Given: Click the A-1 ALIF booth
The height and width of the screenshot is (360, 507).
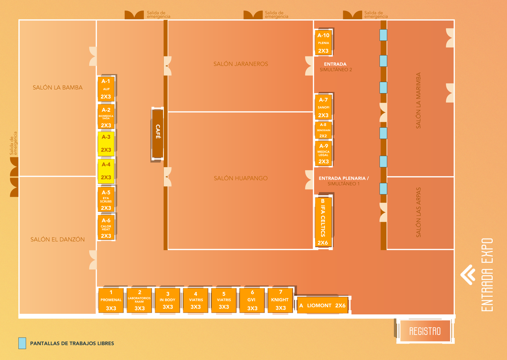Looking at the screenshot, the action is pyautogui.click(x=106, y=89).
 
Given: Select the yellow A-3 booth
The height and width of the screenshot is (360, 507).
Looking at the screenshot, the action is pyautogui.click(x=106, y=144).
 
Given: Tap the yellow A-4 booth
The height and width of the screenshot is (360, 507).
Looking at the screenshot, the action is pyautogui.click(x=106, y=171).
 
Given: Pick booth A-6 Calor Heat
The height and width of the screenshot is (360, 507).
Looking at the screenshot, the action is pyautogui.click(x=106, y=227).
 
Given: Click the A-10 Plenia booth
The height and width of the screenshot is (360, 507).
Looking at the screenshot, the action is pyautogui.click(x=323, y=43).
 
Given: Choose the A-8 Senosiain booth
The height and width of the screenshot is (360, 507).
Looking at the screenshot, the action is pyautogui.click(x=323, y=130).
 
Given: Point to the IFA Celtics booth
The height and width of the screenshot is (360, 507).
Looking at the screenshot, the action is pyautogui.click(x=323, y=222).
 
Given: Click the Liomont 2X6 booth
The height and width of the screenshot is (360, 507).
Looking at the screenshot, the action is pyautogui.click(x=323, y=305).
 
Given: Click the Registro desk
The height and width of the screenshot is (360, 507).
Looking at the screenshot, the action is pyautogui.click(x=425, y=331).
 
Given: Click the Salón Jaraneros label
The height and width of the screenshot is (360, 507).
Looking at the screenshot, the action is pyautogui.click(x=241, y=64).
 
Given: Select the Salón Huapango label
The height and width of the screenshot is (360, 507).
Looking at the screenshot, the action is pyautogui.click(x=241, y=178).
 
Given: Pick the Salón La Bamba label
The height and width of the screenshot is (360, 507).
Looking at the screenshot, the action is pyautogui.click(x=58, y=87).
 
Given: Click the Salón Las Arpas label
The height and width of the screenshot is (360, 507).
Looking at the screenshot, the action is pyautogui.click(x=418, y=212).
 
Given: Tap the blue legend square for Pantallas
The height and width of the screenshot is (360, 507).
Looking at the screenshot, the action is pyautogui.click(x=22, y=343).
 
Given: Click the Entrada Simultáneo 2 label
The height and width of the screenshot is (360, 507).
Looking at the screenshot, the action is pyautogui.click(x=336, y=67).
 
